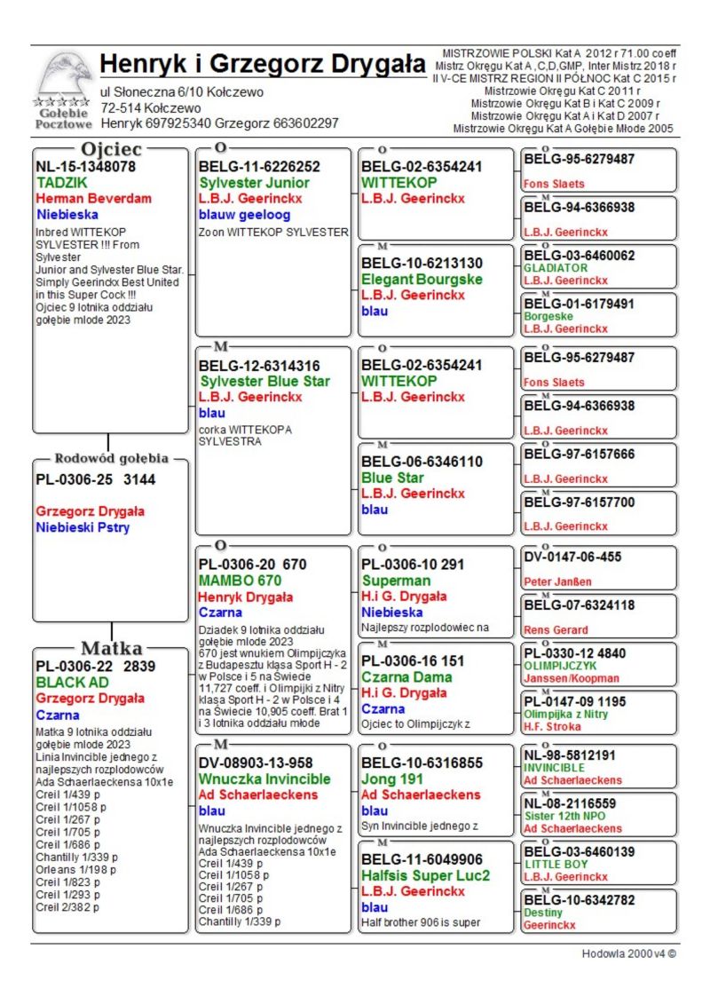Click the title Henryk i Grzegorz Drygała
click(264, 65)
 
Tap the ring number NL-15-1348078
click(85, 166)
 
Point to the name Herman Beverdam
click(93, 198)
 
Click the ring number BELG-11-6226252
click(259, 166)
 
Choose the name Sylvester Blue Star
click(264, 381)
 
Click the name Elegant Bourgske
click(422, 279)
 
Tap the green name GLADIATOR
click(556, 267)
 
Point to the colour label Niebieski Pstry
click(83, 527)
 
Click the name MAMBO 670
click(240, 581)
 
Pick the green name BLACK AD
click(73, 683)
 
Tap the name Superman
click(396, 581)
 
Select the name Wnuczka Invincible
click(264, 779)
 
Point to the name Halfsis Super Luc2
click(425, 875)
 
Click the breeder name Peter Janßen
click(557, 581)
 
